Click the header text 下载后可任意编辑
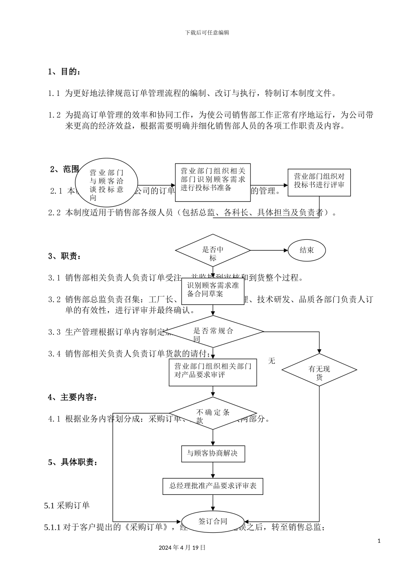click(x=207, y=32)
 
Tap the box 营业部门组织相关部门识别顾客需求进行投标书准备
click(x=213, y=183)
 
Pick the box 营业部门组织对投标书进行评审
click(x=319, y=182)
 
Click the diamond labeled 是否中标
click(x=213, y=251)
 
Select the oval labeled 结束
click(x=307, y=250)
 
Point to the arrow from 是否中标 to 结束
click(x=269, y=251)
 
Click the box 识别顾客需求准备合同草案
click(x=213, y=291)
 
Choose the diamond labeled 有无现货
click(x=319, y=370)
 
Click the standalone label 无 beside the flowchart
click(x=271, y=361)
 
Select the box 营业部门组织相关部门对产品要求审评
click(x=213, y=372)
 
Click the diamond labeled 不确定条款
click(x=213, y=413)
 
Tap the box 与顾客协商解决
click(x=213, y=453)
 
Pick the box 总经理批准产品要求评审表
click(x=213, y=486)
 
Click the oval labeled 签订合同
click(x=213, y=521)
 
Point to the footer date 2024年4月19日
click(x=182, y=548)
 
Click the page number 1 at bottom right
click(x=379, y=541)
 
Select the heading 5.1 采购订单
click(x=67, y=505)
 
